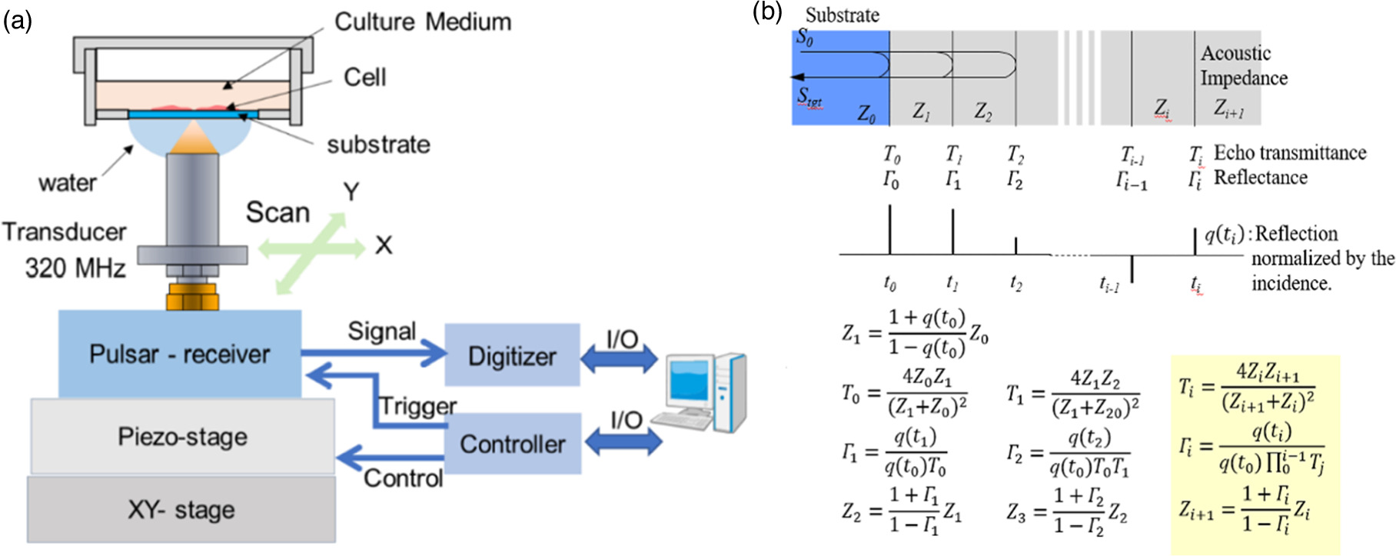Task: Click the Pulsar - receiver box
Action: pos(179,354)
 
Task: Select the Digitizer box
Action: pos(512,355)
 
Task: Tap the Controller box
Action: pos(512,444)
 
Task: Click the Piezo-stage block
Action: pos(182,437)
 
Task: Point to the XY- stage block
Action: pos(181,509)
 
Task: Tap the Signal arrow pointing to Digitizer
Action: pos(374,353)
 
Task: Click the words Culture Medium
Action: pos(423,22)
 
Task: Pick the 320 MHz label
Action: pos(75,268)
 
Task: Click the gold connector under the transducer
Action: pos(192,296)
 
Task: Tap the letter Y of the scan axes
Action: pos(351,191)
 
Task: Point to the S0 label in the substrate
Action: pos(805,37)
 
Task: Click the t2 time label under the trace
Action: pos(1015,284)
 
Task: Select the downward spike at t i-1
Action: pos(1132,268)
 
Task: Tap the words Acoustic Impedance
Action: pos(1242,65)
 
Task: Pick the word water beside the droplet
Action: pos(68,183)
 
